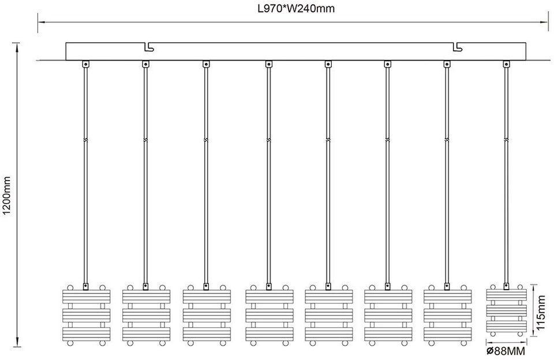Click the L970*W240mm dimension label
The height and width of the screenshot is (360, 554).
[x=295, y=9]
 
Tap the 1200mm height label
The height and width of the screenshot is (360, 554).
[x=7, y=196]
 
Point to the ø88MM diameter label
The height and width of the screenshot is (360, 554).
[x=506, y=351]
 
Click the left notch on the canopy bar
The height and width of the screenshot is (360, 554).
[x=149, y=47]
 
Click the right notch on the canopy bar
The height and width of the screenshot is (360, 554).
[x=458, y=47]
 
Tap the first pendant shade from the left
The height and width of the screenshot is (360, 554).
[x=86, y=315]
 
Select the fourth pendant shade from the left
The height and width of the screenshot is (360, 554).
[x=269, y=315]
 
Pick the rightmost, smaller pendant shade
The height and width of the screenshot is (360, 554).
[x=506, y=310]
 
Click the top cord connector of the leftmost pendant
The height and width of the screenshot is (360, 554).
[x=85, y=64]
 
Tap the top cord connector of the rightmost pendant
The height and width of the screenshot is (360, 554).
[x=506, y=64]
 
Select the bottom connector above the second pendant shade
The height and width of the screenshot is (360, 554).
[x=145, y=287]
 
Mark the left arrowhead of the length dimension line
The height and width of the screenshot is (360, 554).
[x=42, y=22]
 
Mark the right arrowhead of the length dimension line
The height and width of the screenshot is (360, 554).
[x=544, y=22]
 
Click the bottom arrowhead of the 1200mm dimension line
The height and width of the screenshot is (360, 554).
[x=16, y=343]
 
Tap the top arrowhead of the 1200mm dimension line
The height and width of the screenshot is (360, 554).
[x=16, y=47]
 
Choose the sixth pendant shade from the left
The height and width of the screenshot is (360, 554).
[x=388, y=315]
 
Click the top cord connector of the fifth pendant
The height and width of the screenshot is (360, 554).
[x=328, y=64]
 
